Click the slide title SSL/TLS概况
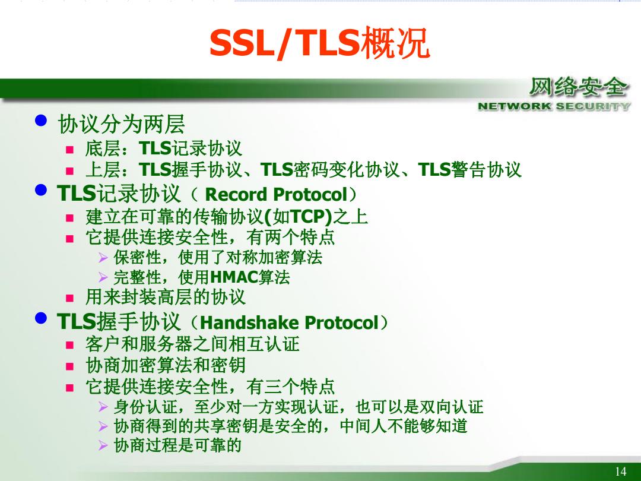[x=319, y=43]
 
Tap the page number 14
[x=620, y=471]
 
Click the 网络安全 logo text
[x=579, y=87]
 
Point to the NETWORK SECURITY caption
[x=554, y=106]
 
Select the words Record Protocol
[x=276, y=194]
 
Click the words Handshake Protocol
[x=290, y=322]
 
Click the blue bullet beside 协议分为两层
[x=41, y=121]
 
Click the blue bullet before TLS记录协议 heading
[x=41, y=190]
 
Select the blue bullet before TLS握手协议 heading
[x=41, y=318]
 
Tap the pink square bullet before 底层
[x=70, y=150]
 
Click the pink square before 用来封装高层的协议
[x=70, y=298]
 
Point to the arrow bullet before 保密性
[x=103, y=258]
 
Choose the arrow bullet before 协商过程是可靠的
[x=103, y=445]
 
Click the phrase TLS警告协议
[x=470, y=170]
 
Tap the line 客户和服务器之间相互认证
[x=192, y=344]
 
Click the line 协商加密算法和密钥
[x=166, y=365]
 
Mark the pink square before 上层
[x=70, y=171]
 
